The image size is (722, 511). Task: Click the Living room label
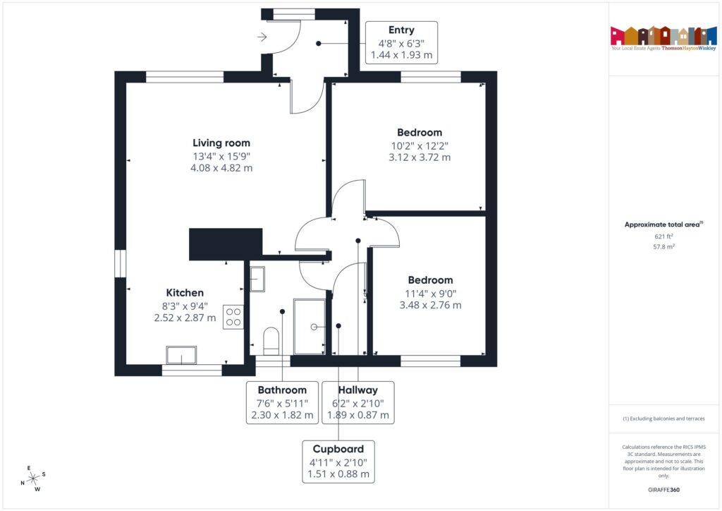[221, 143]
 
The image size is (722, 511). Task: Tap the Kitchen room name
[185, 292]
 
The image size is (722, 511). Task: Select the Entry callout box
[401, 42]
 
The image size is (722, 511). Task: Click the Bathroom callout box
[282, 402]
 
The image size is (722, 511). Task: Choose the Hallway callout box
[357, 402]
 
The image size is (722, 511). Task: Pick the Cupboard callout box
[338, 462]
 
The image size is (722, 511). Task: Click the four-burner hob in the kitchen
[233, 316]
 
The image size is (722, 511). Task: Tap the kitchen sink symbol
[181, 355]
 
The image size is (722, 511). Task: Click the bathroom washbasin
[257, 279]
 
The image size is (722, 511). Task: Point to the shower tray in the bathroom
[310, 326]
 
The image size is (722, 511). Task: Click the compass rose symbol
[33, 478]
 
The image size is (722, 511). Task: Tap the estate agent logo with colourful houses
[663, 37]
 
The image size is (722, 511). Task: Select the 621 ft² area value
[663, 237]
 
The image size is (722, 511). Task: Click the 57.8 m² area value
[663, 248]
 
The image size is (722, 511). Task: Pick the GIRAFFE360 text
[663, 489]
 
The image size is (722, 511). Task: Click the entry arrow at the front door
[263, 37]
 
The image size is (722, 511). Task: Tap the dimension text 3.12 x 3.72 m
[420, 157]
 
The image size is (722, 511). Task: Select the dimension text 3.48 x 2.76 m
[430, 305]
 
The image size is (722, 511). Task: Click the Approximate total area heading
[663, 224]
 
